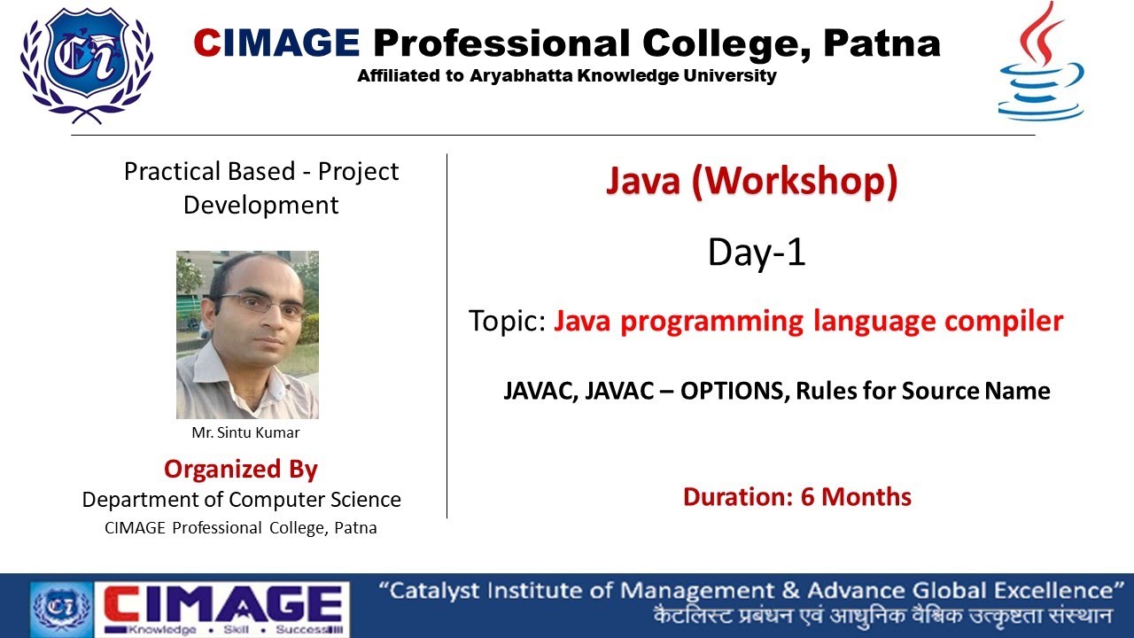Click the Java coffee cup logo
click(x=1040, y=64)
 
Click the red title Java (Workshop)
click(x=751, y=182)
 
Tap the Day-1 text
click(x=757, y=253)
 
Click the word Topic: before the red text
click(x=507, y=321)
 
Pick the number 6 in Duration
click(x=807, y=497)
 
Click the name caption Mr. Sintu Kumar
click(x=245, y=433)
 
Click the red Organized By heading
click(x=241, y=469)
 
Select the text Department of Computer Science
click(x=241, y=500)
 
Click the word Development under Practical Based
click(x=260, y=206)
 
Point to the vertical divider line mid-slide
click(x=447, y=337)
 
